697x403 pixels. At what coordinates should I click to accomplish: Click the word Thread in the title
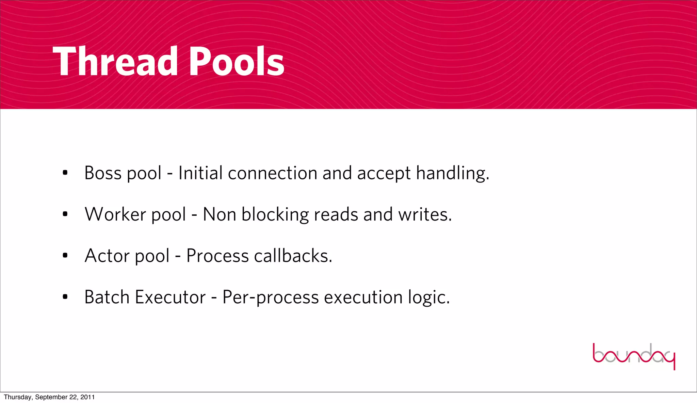(x=115, y=62)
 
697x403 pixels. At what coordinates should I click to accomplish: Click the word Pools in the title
(x=236, y=62)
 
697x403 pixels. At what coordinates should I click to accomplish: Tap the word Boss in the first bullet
(x=103, y=173)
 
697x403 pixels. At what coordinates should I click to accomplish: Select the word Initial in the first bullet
(x=200, y=173)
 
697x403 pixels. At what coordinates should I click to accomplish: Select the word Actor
(x=107, y=256)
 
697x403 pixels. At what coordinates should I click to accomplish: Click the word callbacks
(x=293, y=256)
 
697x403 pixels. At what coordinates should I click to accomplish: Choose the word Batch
(x=107, y=297)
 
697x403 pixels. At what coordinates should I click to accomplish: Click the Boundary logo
(x=634, y=356)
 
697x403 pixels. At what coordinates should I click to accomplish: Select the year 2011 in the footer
(x=87, y=397)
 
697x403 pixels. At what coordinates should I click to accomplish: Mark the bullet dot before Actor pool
(x=65, y=256)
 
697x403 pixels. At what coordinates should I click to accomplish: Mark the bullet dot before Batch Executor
(x=65, y=297)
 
